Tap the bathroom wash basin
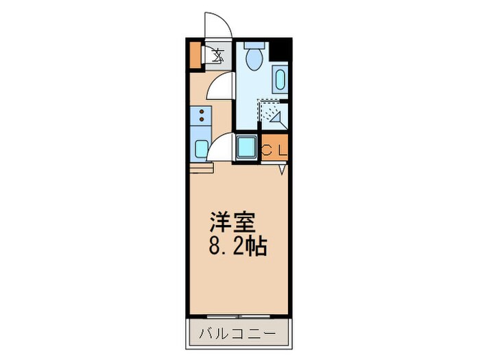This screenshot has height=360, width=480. tap(280, 81)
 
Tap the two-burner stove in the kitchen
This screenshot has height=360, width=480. tap(201, 116)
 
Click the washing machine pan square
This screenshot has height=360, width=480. tap(245, 147)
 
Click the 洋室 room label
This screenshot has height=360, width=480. tap(232, 224)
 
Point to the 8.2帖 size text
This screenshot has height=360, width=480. tap(238, 245)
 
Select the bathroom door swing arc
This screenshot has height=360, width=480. tap(222, 88)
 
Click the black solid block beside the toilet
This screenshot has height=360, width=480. tap(280, 51)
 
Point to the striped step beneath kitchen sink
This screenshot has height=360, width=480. tap(202, 167)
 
